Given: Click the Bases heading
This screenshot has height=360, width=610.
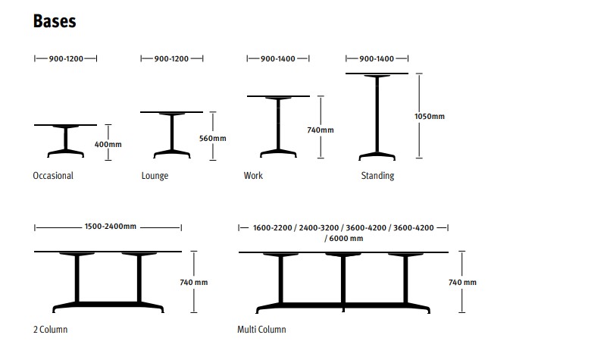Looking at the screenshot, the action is tap(55, 21).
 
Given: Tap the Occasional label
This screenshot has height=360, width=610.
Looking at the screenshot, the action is tap(53, 176).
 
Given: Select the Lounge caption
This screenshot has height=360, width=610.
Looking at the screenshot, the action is tap(155, 176).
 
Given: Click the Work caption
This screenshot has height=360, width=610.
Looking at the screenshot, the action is tap(253, 176).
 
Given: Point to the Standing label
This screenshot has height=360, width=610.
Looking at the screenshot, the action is tap(377, 176).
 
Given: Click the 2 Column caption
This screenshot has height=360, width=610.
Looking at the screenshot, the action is tap(50, 330).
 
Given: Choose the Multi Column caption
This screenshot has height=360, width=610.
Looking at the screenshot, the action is tap(261, 330).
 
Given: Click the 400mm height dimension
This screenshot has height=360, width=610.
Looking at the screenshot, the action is tap(108, 145).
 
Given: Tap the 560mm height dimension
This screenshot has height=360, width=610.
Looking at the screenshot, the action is tap(213, 138).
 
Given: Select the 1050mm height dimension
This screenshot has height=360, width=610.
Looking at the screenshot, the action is tap(430, 117).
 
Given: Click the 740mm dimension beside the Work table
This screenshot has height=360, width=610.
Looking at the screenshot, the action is tap(321, 130).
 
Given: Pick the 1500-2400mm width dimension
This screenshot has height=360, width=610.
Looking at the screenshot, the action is tap(111, 227).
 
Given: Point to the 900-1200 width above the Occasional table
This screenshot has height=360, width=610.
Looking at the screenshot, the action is tap(66, 59).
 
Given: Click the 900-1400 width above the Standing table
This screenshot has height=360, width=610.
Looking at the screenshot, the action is tap(377, 59).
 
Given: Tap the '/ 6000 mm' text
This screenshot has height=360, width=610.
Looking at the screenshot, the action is tap(344, 238).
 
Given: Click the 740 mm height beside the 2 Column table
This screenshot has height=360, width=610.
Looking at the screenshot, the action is tap(194, 282).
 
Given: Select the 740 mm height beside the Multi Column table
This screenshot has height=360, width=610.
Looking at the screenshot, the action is tap(462, 282).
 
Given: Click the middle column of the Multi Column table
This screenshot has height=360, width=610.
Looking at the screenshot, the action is tap(343, 280).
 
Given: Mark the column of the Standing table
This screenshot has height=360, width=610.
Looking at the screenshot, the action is tap(377, 114).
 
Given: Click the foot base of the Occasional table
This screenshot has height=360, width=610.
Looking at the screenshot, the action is tap(65, 153).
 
